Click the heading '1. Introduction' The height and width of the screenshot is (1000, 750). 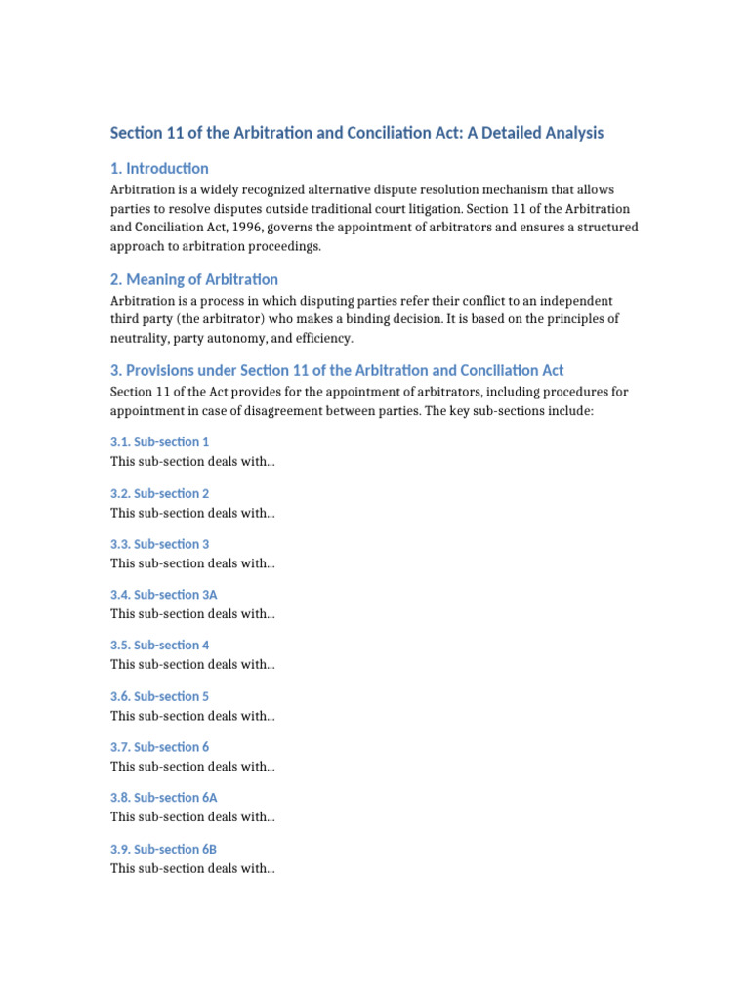coord(159,168)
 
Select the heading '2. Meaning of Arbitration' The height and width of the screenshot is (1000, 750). coord(194,279)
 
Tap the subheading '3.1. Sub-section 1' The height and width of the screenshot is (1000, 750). coord(160,442)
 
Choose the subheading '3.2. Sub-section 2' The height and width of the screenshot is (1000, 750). coord(160,493)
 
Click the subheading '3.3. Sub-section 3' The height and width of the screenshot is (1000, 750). coord(160,544)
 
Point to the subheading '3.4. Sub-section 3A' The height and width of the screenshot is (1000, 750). coord(164,595)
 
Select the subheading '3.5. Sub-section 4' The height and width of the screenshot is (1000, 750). coord(160,646)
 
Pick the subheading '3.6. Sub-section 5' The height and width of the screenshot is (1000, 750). coord(160,696)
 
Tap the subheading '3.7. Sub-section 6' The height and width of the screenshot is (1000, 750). coord(160,747)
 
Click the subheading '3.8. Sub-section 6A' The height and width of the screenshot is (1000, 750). coord(164,798)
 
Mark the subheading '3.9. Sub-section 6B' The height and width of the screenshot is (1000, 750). coord(164,849)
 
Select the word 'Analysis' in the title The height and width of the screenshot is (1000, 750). coord(573,133)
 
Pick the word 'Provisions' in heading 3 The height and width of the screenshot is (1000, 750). coord(161,371)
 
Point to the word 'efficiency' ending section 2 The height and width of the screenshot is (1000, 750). coord(322,339)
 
